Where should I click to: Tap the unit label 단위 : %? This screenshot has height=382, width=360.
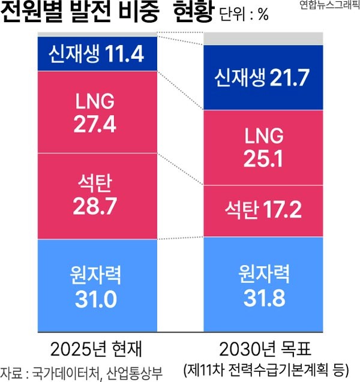(244, 15)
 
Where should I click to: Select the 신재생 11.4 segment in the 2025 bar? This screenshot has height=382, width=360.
(96, 55)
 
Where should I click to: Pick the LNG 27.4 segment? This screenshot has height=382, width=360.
(96, 112)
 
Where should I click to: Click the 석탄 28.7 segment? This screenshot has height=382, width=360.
(96, 196)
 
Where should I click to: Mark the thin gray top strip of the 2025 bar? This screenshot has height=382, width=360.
(96, 34)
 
